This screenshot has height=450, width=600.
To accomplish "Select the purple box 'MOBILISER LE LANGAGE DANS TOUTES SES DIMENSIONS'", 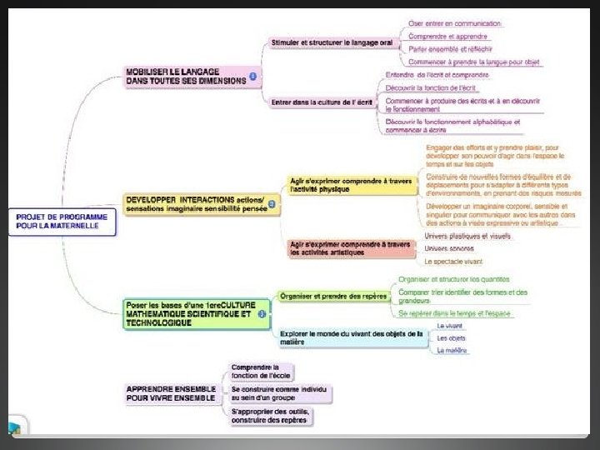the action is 185,77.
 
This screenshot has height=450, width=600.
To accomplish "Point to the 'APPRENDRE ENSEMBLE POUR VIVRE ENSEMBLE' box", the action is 171,393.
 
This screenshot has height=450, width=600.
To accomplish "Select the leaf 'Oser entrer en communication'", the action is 455,23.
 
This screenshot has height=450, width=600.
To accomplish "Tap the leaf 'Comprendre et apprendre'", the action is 448,36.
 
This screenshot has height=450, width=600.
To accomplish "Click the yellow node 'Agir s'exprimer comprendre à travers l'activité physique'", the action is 351,184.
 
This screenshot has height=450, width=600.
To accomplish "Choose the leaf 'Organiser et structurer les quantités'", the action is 453,279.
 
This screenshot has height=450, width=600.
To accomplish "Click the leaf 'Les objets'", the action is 452,338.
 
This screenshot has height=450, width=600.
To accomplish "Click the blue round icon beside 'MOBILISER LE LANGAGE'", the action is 253,77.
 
